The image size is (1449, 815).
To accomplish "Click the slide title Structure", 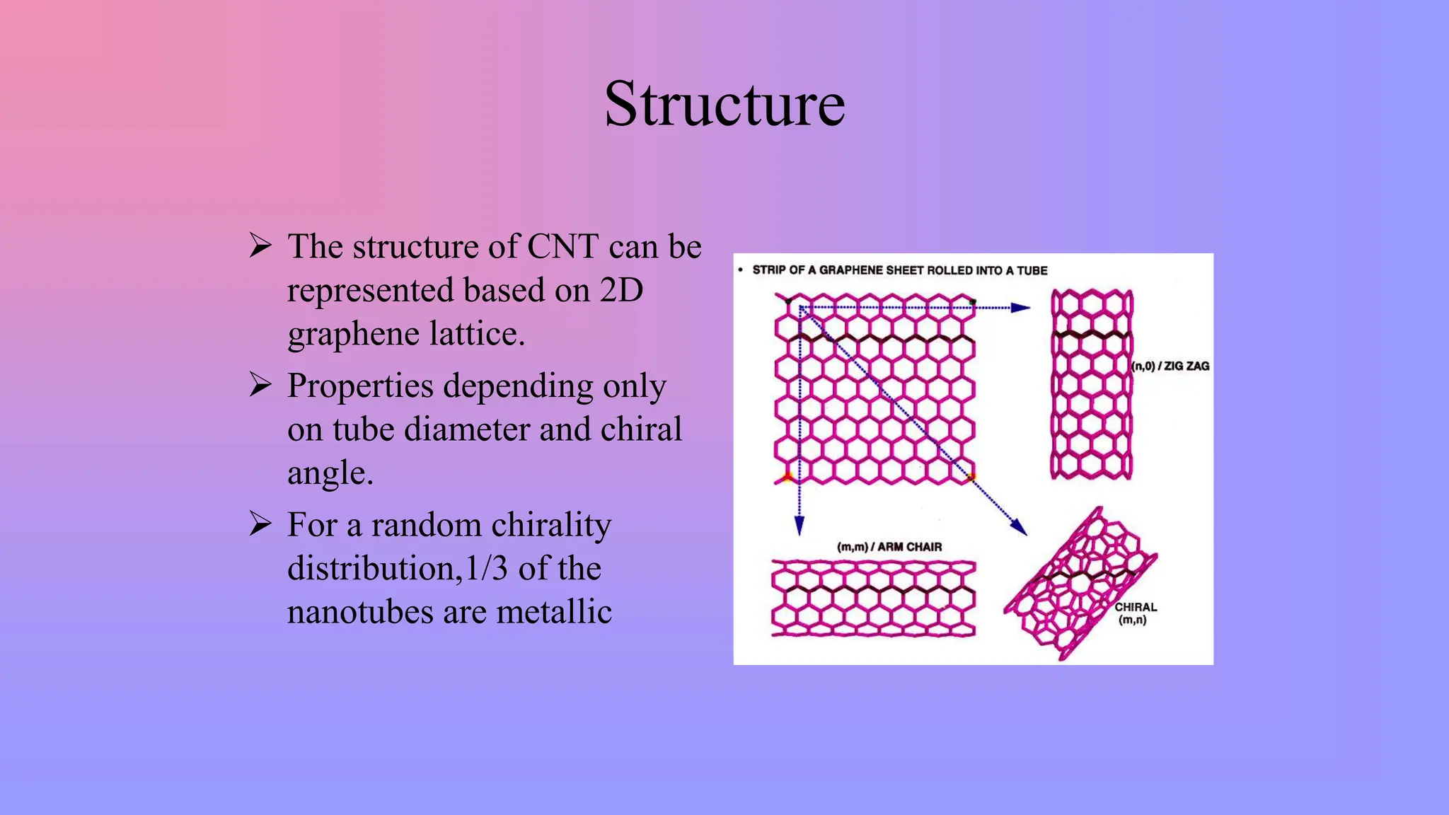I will pyautogui.click(x=724, y=105).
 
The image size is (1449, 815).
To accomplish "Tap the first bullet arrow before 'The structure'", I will pyautogui.click(x=260, y=245).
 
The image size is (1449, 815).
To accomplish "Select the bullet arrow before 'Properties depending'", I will pyautogui.click(x=260, y=385).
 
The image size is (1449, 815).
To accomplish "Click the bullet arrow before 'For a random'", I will pyautogui.click(x=260, y=524).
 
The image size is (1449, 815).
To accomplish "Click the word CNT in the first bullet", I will pyautogui.click(x=563, y=247).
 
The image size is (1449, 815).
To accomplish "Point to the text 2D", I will pyautogui.click(x=621, y=291).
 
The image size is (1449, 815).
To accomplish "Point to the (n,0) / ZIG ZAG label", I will pyautogui.click(x=1170, y=366).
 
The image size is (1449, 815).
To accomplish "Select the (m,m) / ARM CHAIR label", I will pyautogui.click(x=889, y=547).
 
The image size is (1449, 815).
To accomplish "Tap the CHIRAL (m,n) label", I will pyautogui.click(x=1135, y=613).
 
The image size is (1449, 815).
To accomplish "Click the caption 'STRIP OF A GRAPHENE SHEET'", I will pyautogui.click(x=899, y=270).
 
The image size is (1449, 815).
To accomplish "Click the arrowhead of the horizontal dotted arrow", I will pyautogui.click(x=1021, y=308).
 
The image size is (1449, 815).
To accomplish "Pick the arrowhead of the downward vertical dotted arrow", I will pyautogui.click(x=799, y=526).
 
